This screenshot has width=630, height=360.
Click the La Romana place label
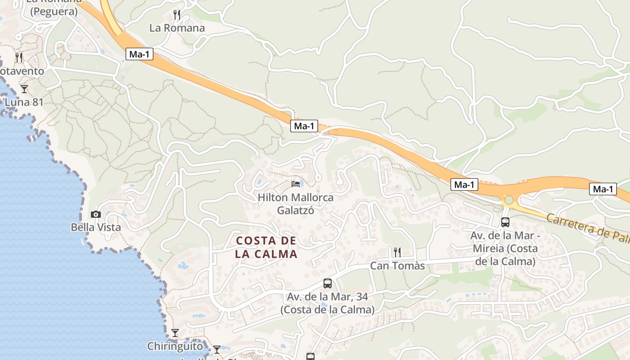pos(177,28)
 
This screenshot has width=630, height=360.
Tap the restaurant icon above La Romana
pos(177,15)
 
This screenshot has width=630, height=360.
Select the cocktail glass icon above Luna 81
pos(24,89)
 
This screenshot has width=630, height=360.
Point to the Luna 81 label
pos(24,102)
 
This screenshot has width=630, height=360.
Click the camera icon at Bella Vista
pos(95,215)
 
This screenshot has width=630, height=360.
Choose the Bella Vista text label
pos(96,227)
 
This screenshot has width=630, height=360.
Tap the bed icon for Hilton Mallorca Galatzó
pos(296,184)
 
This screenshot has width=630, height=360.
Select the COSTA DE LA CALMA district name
pos(266,247)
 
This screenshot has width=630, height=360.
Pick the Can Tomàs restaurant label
pos(397,266)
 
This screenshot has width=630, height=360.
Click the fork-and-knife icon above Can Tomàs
pos(397,252)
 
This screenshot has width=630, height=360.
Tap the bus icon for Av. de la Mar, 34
pos(328,283)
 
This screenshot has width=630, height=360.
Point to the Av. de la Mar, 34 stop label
pos(328,303)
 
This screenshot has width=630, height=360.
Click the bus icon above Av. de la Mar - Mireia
pos(505,222)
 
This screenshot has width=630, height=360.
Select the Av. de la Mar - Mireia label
pos(504,248)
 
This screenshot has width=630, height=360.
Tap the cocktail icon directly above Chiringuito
pos(175,333)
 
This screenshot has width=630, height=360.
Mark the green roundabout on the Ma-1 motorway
pos(509,199)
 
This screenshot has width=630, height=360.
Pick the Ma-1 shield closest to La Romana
pos(139,54)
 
